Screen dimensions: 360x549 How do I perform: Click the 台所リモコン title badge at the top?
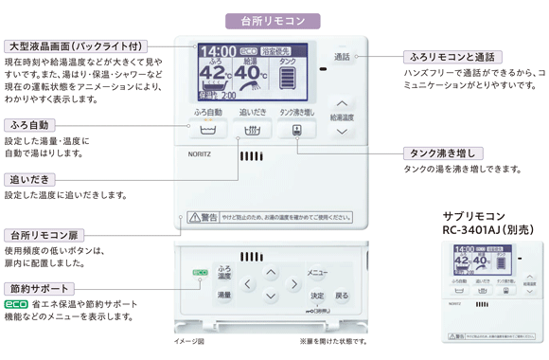[x=273, y=20]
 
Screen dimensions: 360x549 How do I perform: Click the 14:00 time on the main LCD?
[x=218, y=51]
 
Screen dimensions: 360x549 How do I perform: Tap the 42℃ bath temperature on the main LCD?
[x=215, y=73]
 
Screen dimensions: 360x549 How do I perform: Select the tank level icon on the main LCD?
[x=288, y=76]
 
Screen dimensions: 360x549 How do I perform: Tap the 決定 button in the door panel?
[x=317, y=296]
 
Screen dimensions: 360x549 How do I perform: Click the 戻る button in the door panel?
[x=341, y=296]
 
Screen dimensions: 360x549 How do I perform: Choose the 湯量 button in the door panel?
[x=224, y=296]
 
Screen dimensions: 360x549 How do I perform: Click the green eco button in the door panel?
[x=200, y=273]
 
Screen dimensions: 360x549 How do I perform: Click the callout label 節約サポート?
[x=40, y=288]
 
